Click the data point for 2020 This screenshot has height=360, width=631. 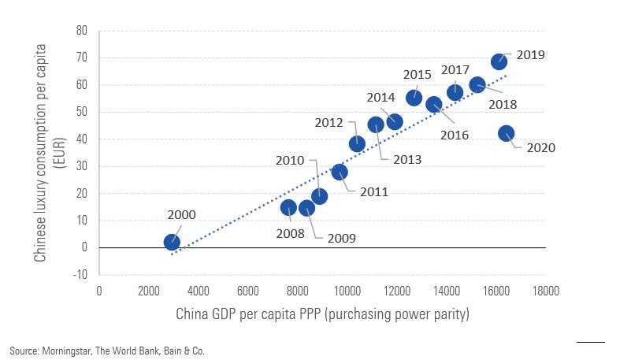click(x=506, y=134)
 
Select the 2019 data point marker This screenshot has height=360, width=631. click(x=499, y=61)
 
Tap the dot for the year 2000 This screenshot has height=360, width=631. click(x=172, y=242)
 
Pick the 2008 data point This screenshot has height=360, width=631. click(x=288, y=208)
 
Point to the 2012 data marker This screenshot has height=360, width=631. click(x=357, y=143)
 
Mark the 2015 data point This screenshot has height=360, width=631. click(x=414, y=98)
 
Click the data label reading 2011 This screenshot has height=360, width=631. click(x=373, y=191)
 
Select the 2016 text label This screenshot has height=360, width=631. click(x=455, y=135)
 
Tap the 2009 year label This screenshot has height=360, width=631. click(x=342, y=238)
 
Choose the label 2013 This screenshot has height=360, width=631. click(x=406, y=159)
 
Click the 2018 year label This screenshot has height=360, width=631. click(x=502, y=103)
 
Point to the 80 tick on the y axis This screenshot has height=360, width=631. click(x=81, y=31)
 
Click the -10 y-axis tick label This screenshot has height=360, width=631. click(x=80, y=275)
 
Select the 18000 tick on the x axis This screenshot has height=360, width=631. click(x=544, y=290)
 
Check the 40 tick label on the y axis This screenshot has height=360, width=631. click(x=81, y=139)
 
